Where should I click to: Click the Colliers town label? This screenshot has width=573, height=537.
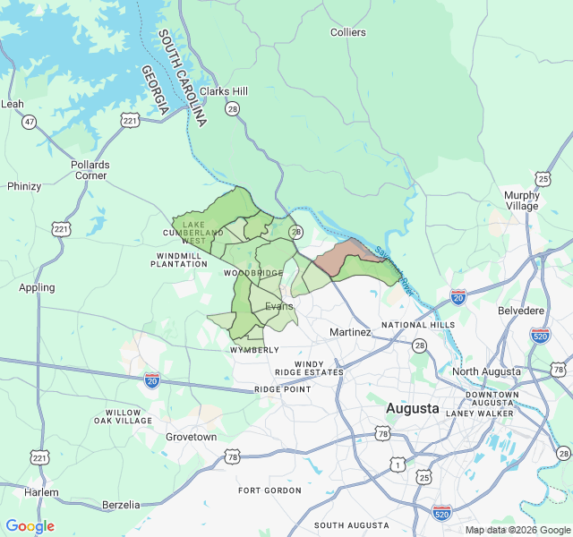(348, 32)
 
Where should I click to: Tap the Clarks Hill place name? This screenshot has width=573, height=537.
(224, 91)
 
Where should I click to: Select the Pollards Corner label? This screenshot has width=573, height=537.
(90, 170)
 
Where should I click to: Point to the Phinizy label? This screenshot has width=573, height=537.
(24, 186)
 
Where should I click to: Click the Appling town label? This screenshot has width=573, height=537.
(37, 287)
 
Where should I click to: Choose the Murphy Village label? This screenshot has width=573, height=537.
(522, 200)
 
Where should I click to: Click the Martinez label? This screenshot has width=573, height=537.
(350, 332)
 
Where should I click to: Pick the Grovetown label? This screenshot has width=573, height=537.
(191, 437)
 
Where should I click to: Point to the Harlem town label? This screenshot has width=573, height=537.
(41, 492)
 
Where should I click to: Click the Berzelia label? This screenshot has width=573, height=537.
(121, 505)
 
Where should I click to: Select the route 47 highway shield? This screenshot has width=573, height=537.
(30, 122)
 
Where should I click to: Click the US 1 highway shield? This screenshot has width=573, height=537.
(397, 465)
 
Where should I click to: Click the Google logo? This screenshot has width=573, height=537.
(30, 526)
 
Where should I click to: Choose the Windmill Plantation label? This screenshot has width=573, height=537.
(179, 260)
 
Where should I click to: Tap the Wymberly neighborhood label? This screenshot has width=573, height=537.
(254, 350)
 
